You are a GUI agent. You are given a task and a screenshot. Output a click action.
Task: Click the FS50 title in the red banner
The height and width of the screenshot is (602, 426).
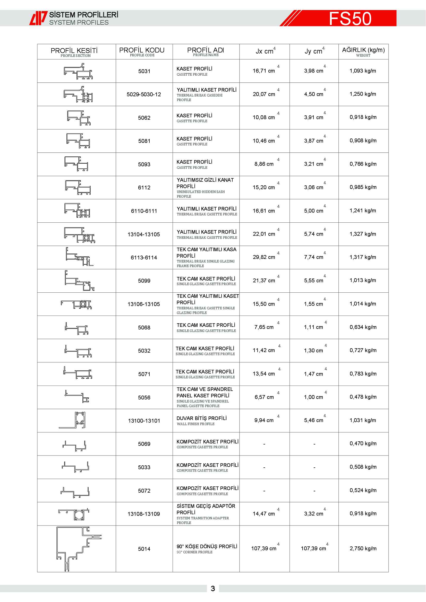[x=350, y=18]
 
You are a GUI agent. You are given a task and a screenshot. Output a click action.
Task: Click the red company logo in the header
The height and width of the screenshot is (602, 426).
[x=38, y=18]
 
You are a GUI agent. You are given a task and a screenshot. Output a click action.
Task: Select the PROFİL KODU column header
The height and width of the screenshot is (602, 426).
[x=142, y=51]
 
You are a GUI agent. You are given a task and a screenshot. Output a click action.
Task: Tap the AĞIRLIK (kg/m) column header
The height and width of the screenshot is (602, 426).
[x=363, y=51]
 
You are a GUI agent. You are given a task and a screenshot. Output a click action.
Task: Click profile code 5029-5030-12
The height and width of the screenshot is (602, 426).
[x=144, y=94]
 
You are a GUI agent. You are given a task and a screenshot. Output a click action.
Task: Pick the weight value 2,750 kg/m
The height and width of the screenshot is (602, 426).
[x=363, y=548]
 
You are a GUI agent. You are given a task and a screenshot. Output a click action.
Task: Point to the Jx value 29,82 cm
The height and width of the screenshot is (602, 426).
[x=264, y=257]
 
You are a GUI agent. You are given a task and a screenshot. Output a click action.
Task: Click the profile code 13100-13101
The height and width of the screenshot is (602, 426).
[x=144, y=421]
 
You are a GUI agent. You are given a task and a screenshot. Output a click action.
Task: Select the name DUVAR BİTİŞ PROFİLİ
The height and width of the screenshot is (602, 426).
[x=201, y=418]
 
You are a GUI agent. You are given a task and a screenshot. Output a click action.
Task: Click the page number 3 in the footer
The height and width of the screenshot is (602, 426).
[x=213, y=589]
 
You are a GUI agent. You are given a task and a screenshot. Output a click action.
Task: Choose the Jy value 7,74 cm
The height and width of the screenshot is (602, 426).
[x=313, y=257]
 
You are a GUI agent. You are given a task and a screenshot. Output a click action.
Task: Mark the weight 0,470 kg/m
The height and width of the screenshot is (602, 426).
[x=363, y=444]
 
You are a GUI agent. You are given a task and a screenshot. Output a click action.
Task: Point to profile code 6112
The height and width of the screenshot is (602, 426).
[x=144, y=187]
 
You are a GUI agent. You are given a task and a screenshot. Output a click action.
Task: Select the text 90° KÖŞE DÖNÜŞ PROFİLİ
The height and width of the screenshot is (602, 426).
[x=207, y=546]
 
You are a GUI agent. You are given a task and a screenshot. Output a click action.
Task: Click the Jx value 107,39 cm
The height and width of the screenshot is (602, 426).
[x=264, y=548]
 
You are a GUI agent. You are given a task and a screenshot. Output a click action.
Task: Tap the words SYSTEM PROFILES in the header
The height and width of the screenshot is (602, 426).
[x=79, y=23]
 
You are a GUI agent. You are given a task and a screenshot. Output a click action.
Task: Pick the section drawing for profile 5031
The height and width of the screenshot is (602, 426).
[x=78, y=71]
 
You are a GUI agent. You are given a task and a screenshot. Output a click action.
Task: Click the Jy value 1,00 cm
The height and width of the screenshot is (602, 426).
[x=313, y=397]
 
